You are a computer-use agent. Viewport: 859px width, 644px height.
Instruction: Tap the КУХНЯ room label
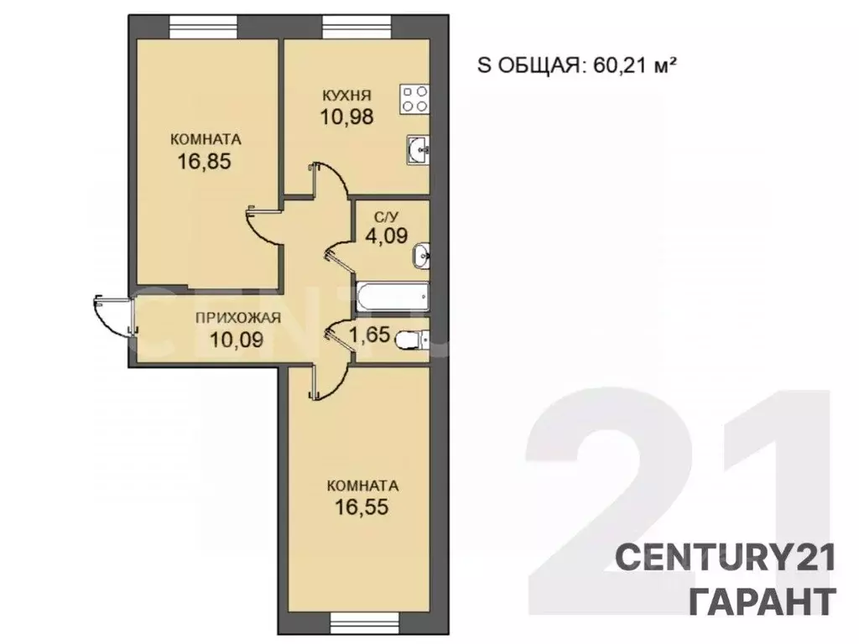point(346,95)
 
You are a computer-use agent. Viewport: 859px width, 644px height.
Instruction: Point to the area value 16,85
point(204,160)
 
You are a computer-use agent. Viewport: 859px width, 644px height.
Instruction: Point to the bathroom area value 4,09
point(386,235)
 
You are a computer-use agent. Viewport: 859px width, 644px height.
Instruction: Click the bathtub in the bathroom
point(393,296)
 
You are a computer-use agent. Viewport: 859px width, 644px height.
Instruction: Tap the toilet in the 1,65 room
point(412,340)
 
